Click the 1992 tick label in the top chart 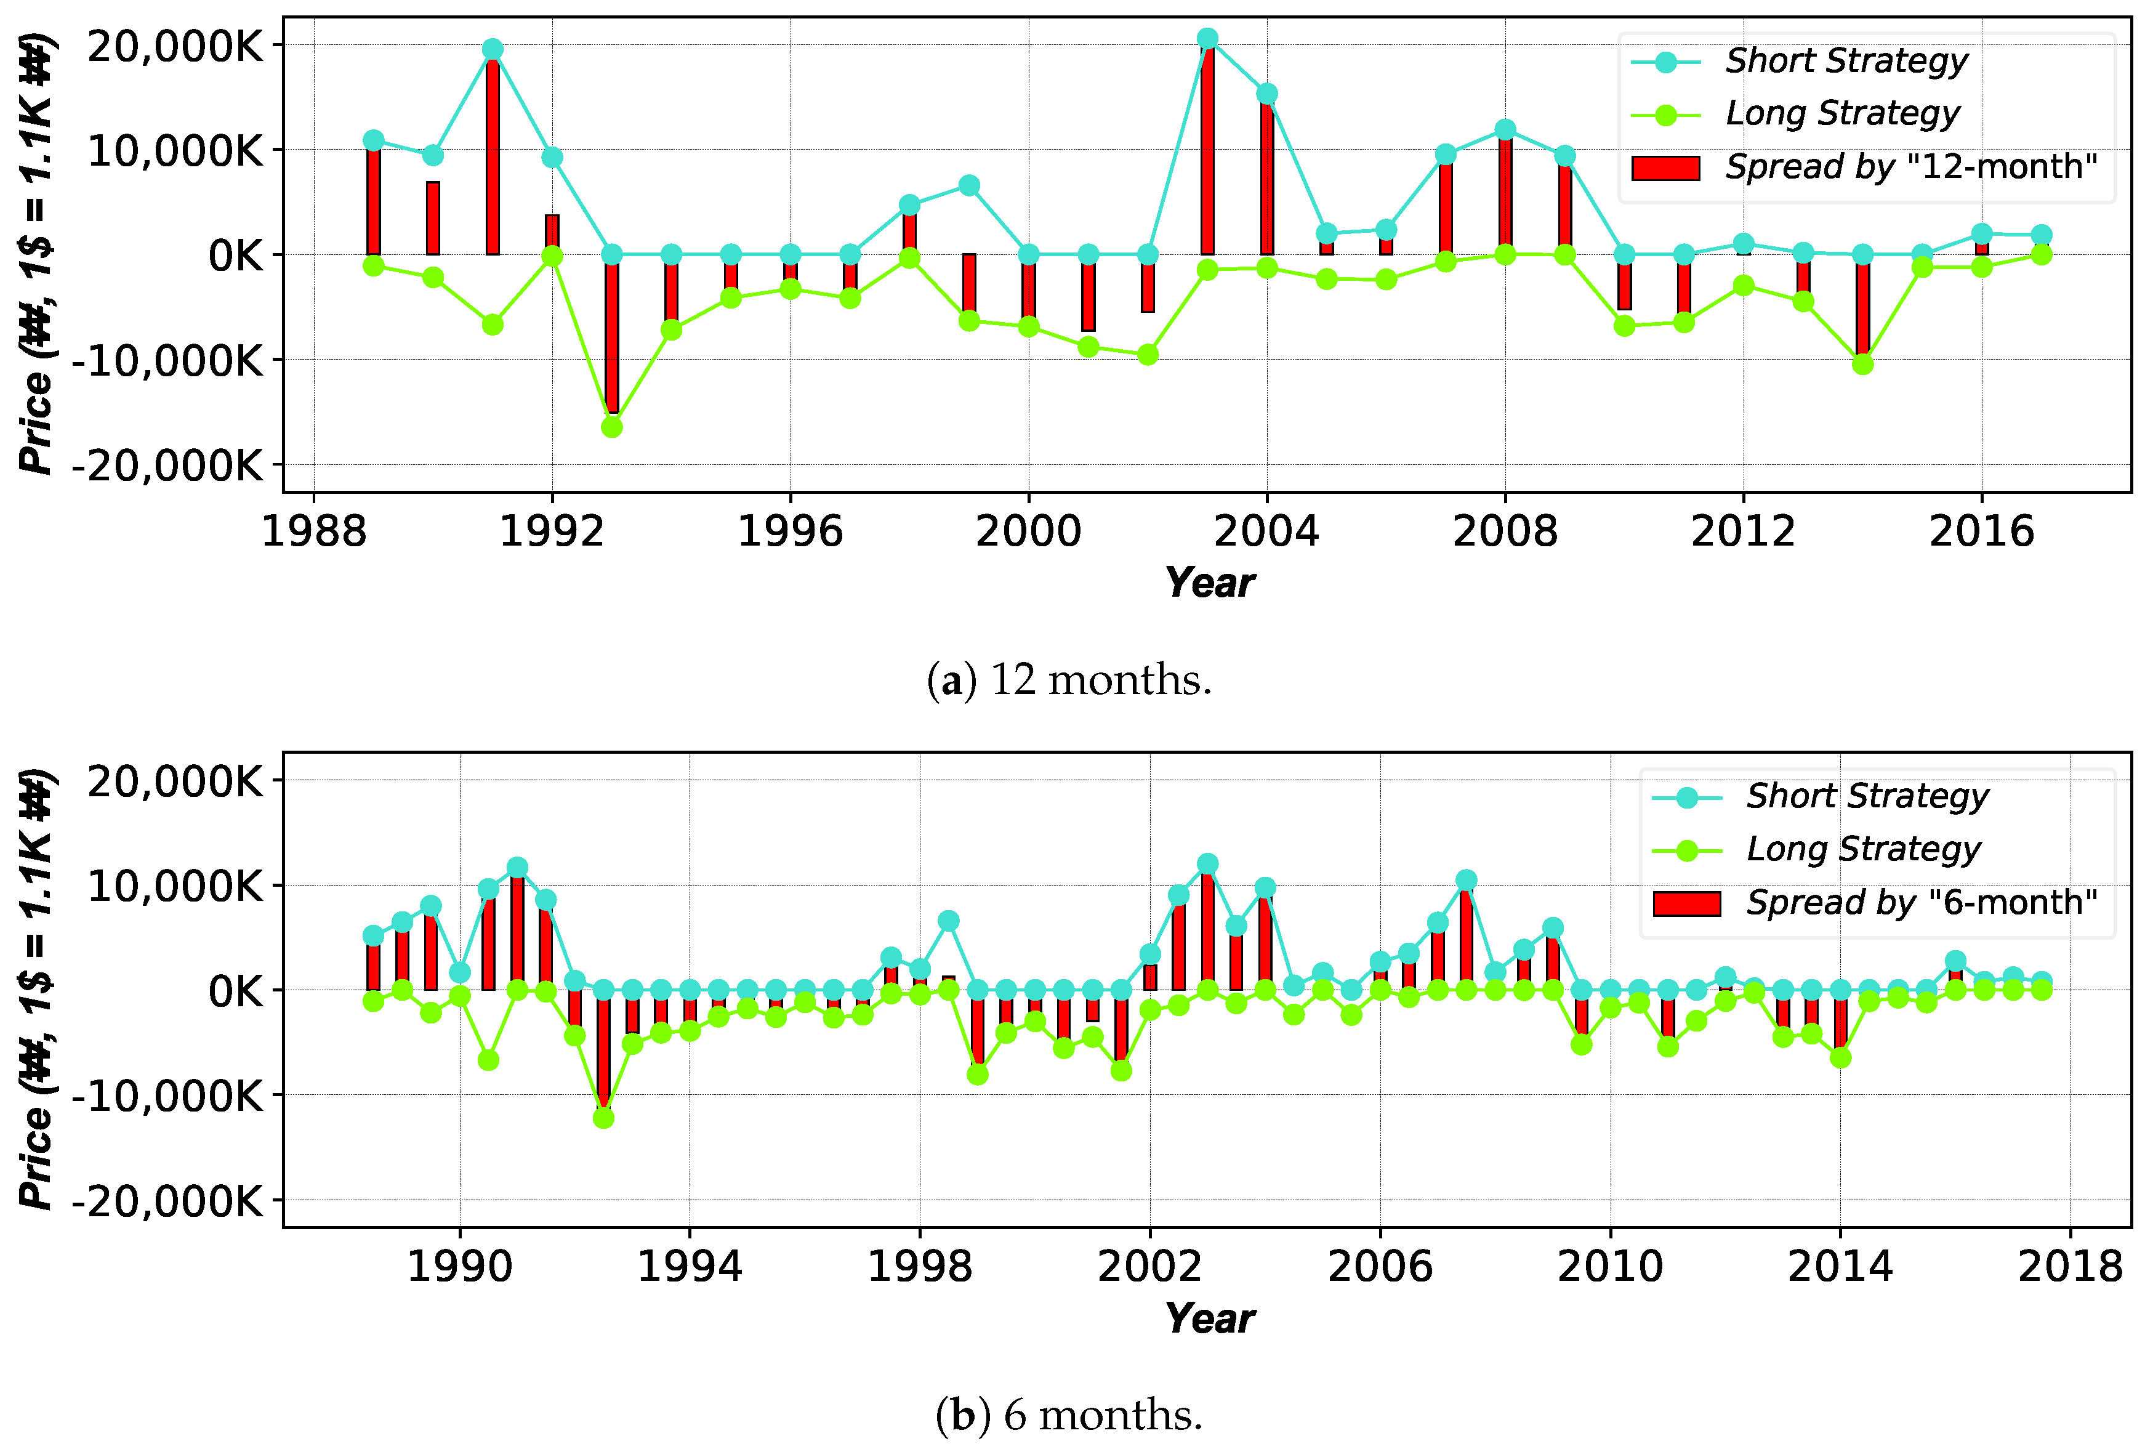click(x=551, y=533)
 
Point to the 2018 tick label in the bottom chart click(x=2071, y=1267)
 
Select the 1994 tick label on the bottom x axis click(x=690, y=1267)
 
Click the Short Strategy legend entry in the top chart click(x=1846, y=61)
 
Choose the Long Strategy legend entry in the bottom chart click(x=1862, y=849)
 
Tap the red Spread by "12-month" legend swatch click(x=1665, y=168)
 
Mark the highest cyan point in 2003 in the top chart click(x=1207, y=39)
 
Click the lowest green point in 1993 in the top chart click(x=612, y=427)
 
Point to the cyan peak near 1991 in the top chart click(x=493, y=49)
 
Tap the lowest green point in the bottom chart click(x=603, y=1118)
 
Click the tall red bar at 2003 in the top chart click(x=1207, y=148)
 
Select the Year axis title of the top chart click(x=1209, y=583)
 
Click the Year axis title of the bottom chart click(x=1209, y=1319)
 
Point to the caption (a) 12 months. click(x=1069, y=680)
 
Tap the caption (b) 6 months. click(x=1069, y=1415)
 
